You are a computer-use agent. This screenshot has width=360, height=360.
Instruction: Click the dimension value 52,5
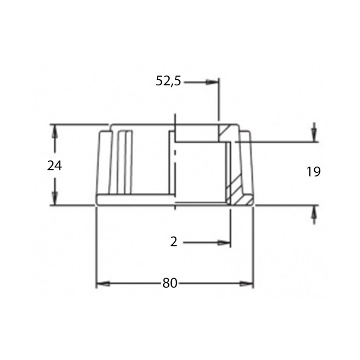168,81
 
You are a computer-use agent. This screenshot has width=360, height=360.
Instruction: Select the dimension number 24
55,166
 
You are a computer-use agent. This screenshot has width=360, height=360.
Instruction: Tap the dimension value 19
314,172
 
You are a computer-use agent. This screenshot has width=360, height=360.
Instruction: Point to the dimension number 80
170,283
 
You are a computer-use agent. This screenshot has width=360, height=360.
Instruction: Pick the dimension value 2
174,242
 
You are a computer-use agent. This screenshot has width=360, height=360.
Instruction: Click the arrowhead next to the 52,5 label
212,82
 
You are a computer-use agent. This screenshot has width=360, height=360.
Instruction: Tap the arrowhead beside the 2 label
224,243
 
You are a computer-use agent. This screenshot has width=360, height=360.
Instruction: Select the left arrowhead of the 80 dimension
103,284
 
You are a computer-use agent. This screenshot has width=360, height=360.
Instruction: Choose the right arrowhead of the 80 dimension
246,284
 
